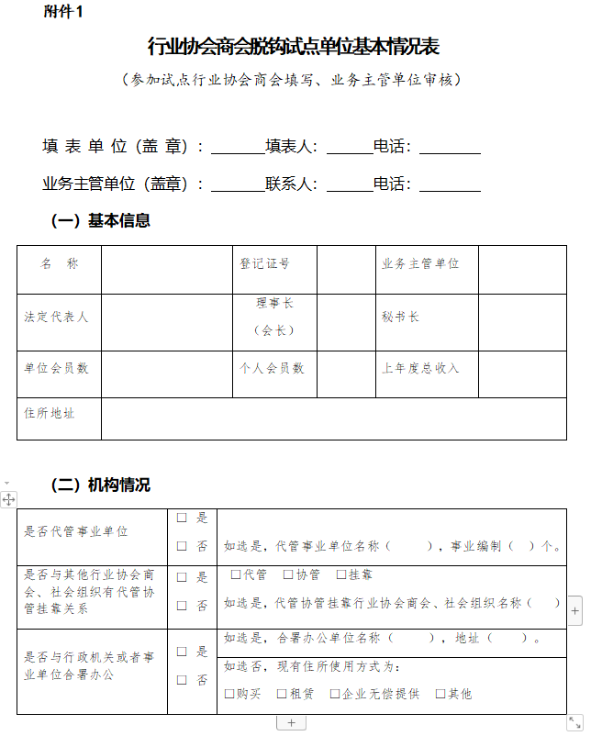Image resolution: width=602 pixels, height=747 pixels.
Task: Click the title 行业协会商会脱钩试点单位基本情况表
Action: [294, 47]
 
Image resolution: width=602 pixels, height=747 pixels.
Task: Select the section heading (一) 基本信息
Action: [100, 220]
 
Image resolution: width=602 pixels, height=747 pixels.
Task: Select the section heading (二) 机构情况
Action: [100, 485]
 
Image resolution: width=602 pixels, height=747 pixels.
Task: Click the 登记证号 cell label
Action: [265, 263]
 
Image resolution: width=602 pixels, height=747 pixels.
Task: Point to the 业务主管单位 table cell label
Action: [420, 263]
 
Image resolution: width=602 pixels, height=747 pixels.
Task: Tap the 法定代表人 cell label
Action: [56, 317]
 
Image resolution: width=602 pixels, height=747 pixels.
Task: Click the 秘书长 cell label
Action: [401, 317]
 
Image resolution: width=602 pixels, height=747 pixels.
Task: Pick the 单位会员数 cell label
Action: [56, 368]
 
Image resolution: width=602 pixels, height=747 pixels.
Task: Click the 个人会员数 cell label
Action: [272, 368]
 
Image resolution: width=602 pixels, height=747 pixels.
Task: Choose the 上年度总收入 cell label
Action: [420, 368]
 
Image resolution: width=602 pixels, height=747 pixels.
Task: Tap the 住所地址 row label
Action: [50, 413]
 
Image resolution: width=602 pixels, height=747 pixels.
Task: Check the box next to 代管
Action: [236, 574]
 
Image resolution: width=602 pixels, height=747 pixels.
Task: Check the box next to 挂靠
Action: [341, 574]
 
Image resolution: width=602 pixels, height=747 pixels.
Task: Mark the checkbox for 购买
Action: [229, 694]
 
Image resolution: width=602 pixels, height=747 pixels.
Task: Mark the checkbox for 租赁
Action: [282, 694]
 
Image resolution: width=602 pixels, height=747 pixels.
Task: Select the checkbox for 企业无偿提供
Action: [335, 694]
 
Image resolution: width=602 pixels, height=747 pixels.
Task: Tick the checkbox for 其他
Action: [440, 694]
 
